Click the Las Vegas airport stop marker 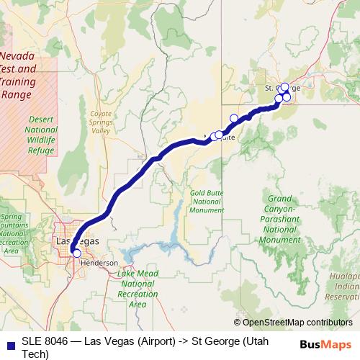click(x=76, y=253)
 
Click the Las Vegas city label click(x=78, y=241)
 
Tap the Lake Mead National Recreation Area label click(x=138, y=289)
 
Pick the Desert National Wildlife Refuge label click(x=40, y=135)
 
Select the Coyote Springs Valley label click(x=101, y=122)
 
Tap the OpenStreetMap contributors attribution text click(x=297, y=323)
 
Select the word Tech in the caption click(x=35, y=354)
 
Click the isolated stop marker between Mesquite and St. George click(x=233, y=118)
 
